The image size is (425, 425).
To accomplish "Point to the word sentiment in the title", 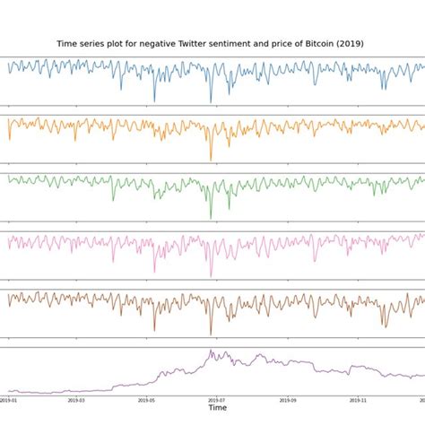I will [241, 43].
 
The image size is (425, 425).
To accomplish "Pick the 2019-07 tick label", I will [216, 400].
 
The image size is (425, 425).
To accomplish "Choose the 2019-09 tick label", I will [285, 400].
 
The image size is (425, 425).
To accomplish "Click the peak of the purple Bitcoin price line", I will [212, 351].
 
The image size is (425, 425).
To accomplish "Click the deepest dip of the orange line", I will [212, 160].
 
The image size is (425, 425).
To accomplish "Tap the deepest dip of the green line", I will [211, 218].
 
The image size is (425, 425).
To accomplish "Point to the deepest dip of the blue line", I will [212, 103].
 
